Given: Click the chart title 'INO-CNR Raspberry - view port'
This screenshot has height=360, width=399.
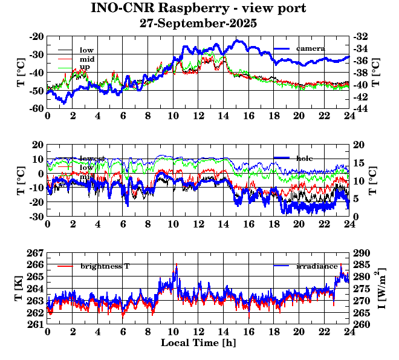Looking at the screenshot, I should click(198, 8).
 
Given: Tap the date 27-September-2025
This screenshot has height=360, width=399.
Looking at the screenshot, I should click(198, 24).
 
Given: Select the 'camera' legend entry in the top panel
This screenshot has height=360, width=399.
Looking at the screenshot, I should click(311, 48).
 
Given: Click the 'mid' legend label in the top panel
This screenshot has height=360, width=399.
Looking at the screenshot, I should click(86, 59).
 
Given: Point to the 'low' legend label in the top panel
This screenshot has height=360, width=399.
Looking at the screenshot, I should click(86, 50).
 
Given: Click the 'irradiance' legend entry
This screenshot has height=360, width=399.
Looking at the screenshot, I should click(317, 266).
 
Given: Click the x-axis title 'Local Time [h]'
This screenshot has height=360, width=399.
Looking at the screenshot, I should click(198, 342).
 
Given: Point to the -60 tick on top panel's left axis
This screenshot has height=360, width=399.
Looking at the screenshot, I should click(36, 108).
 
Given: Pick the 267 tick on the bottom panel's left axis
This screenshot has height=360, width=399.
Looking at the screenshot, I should click(36, 252).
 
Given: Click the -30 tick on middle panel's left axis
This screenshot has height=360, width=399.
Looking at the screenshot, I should click(36, 216).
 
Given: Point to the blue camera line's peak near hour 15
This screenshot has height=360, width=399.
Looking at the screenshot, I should click(237, 41).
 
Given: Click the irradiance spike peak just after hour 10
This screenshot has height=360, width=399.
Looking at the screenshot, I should click(176, 264).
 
